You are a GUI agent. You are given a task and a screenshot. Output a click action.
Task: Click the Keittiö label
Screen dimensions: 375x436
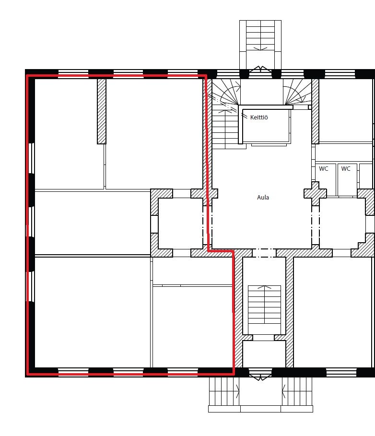click(259, 117)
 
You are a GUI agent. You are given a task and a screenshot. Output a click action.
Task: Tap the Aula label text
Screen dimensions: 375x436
click(263, 197)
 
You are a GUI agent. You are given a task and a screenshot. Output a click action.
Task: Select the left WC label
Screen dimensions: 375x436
click(323, 168)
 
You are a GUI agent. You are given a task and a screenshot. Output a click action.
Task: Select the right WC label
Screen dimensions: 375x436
click(346, 168)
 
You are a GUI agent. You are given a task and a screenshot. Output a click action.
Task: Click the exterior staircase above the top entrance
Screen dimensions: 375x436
click(260, 35)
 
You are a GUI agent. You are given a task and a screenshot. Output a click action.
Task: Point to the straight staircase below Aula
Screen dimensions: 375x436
click(264, 304)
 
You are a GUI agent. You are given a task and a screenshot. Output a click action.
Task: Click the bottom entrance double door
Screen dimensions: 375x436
click(260, 376)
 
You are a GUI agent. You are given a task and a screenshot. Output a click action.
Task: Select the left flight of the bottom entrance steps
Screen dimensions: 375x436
click(224, 391)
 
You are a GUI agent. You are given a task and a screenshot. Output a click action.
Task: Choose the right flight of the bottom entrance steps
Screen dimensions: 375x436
click(297, 391)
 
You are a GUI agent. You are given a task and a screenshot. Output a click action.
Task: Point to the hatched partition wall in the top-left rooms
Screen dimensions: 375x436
click(102, 111)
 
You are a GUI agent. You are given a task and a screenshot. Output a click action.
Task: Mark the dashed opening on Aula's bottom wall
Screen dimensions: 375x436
click(264, 253)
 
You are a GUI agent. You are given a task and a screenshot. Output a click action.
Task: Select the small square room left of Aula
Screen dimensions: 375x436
click(180, 224)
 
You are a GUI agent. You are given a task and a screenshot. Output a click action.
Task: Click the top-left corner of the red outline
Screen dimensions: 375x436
click(27, 75)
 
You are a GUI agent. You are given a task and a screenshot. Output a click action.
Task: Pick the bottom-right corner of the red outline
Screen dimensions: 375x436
click(234, 374)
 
